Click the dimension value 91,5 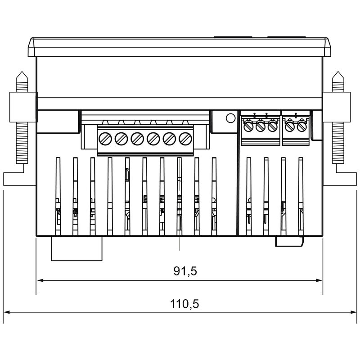[x=185, y=271]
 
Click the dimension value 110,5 [x=184, y=304]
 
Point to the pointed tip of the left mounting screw [x=22, y=72]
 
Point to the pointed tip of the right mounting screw [x=338, y=72]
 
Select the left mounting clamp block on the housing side [x=22, y=107]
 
